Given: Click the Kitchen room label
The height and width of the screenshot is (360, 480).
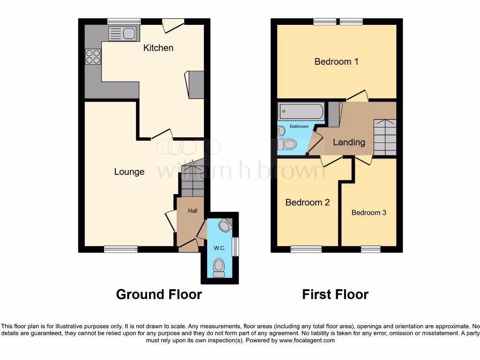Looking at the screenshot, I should point(158,48).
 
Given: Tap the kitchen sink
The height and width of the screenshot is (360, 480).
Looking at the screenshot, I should point(122,33).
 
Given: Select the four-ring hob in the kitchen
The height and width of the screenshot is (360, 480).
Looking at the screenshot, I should point(93,57).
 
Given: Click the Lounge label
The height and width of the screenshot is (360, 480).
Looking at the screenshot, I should point(129,172).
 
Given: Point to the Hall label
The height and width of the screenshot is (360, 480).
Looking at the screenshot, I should point(193,211).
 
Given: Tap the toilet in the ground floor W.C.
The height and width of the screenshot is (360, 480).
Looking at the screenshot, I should point(219,267).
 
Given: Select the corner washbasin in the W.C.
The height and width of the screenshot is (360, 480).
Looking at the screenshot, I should point(226,225).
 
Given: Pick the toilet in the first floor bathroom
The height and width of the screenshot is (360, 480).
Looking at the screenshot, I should point(287,144).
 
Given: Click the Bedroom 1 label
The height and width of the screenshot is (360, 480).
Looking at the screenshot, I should point(336,61).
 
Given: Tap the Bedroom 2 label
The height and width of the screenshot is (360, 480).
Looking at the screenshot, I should point(307,202).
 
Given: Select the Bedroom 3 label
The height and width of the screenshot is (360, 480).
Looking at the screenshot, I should point(369,212).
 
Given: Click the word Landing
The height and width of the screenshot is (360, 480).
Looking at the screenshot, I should point(349,142).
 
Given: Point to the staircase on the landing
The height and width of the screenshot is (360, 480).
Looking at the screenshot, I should point(385,137).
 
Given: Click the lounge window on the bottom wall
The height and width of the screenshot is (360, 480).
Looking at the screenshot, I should point(121,249).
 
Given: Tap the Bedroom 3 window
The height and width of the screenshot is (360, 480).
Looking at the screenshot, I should point(370,249).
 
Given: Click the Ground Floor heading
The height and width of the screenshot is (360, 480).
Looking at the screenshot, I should point(159,294).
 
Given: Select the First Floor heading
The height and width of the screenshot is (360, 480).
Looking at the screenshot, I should point(335,294).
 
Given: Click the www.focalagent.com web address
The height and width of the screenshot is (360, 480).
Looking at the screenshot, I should point(307,341).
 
